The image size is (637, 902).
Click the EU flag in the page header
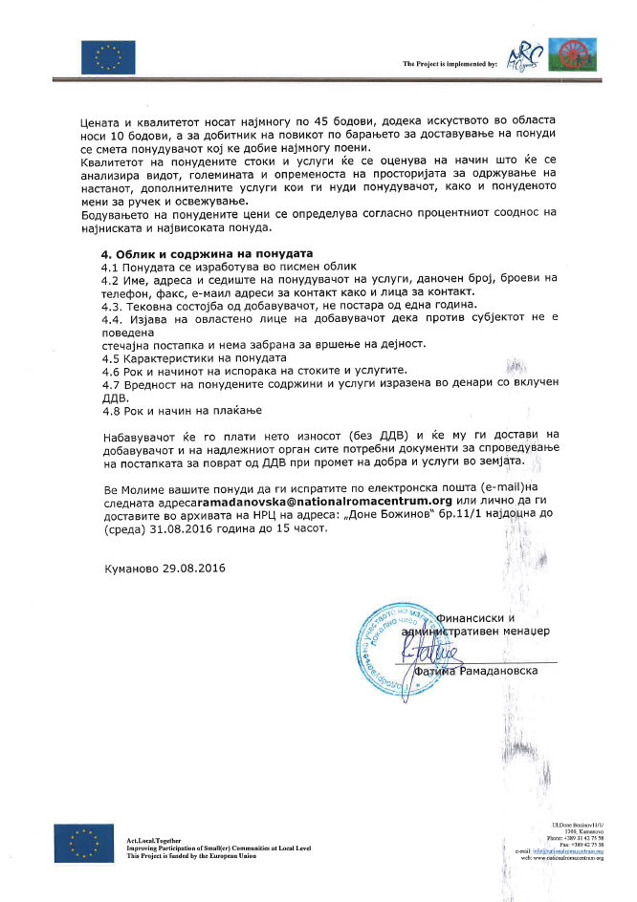pos(101,58)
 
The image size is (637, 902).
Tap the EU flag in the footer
pos(78,843)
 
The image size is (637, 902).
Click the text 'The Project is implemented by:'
pos(450,64)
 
